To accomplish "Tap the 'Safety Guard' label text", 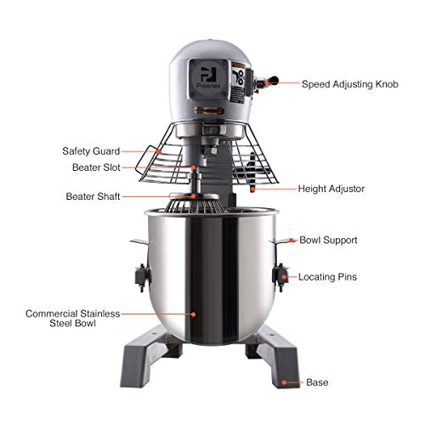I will tap(89, 150).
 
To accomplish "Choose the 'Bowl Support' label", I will tap(328, 241).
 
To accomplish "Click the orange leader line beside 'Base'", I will tap(293, 382).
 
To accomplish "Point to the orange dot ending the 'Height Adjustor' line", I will tap(257, 189).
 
